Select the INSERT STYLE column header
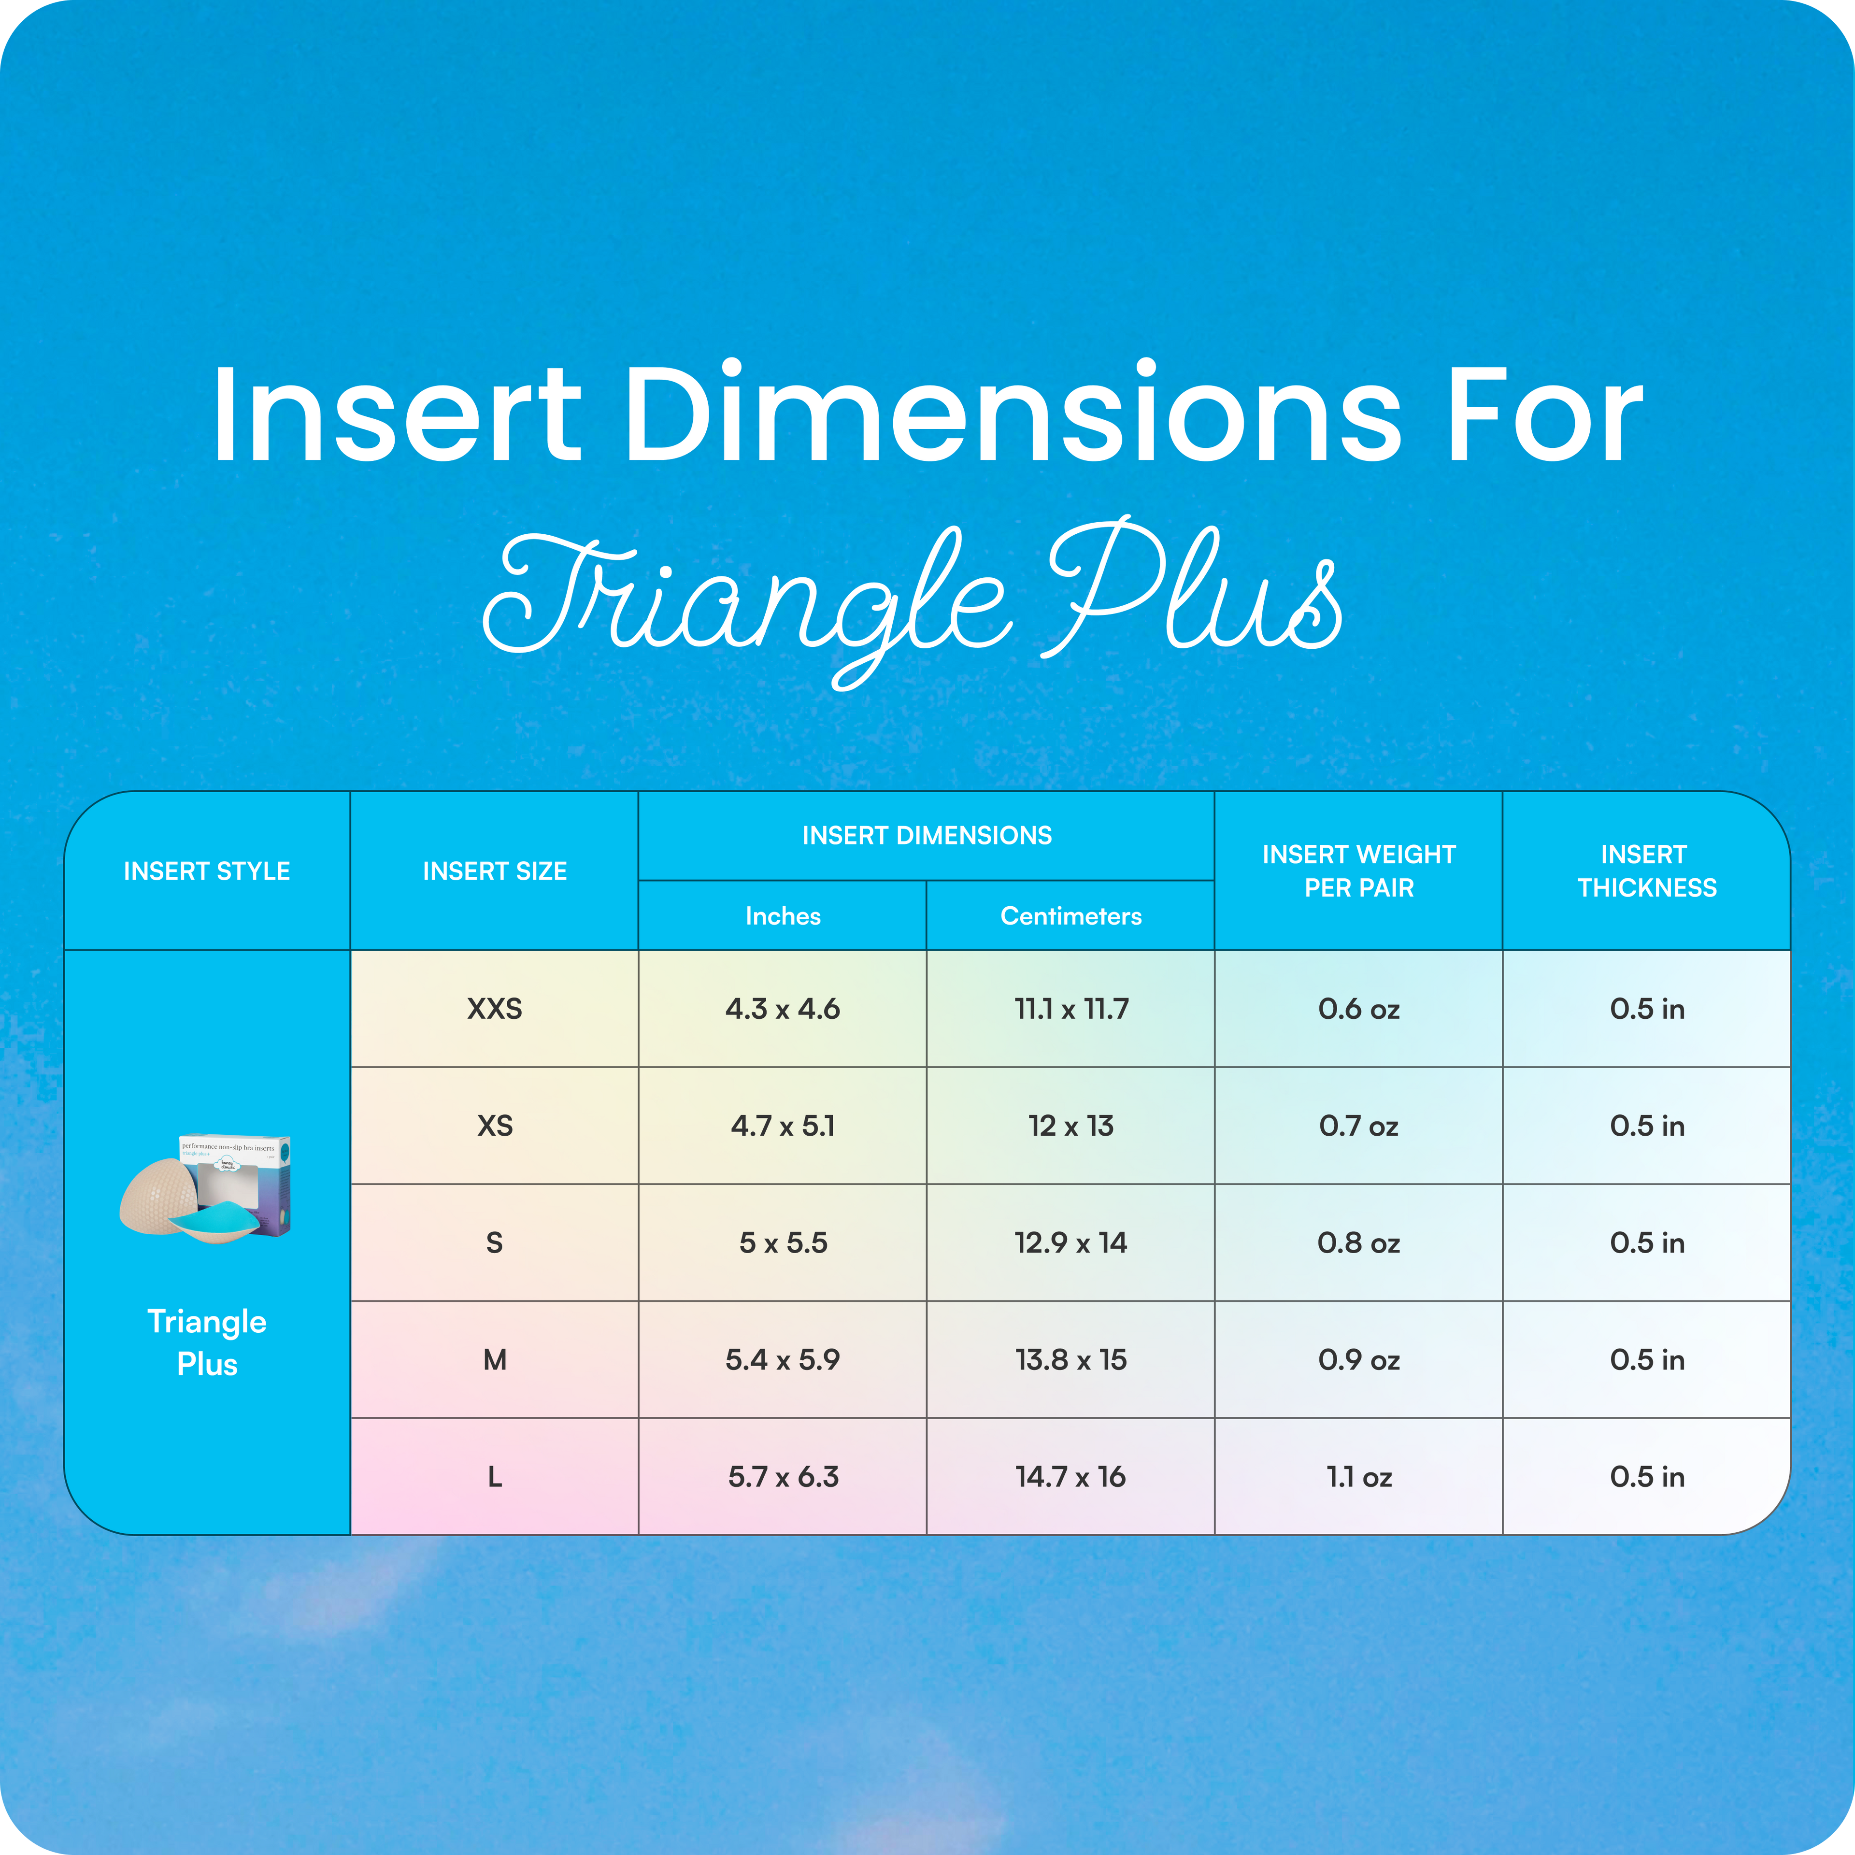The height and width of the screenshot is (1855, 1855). pos(206,871)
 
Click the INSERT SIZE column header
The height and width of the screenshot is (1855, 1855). pos(495,871)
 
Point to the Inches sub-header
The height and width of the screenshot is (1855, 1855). pos(783,916)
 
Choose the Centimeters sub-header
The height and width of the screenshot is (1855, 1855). pos(1070,916)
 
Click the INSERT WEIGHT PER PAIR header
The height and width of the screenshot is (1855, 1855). pos(1358,871)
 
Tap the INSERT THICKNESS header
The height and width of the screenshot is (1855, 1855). pos(1647,871)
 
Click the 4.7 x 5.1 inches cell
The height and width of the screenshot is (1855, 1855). pos(783,1125)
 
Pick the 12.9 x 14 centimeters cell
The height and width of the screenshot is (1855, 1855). pos(1070,1242)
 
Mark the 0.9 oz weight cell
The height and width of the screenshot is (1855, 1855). pos(1358,1359)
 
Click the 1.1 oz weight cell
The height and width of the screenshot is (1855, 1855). pos(1358,1477)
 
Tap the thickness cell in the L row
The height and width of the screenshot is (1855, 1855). pos(1647,1477)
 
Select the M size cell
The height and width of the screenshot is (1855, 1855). pos(495,1359)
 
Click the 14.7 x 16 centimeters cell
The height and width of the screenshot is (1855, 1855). pos(1070,1477)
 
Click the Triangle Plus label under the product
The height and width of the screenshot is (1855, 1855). pos(206,1342)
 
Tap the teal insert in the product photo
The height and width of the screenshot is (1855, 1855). pos(213,1219)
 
